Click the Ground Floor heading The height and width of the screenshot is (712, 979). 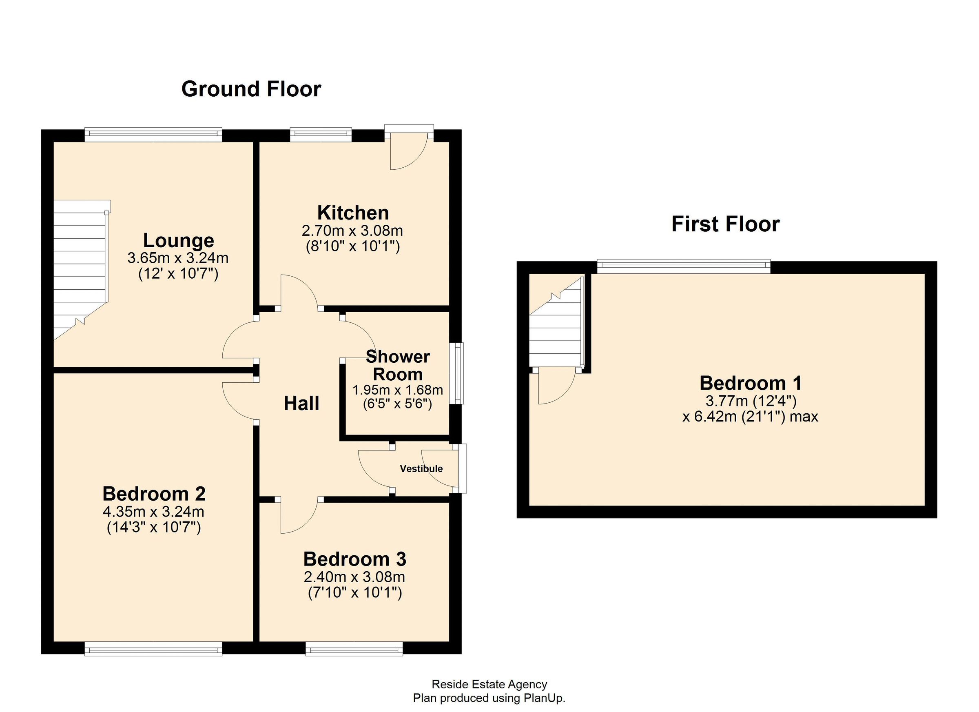coord(251,89)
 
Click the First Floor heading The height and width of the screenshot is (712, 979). coord(725,224)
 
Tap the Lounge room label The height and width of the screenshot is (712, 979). coord(178,240)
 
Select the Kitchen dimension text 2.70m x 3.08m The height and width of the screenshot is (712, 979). coord(352,231)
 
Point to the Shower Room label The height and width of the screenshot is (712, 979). coord(398,365)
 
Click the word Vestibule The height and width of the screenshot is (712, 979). coord(421,468)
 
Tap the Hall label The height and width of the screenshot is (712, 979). coord(301,403)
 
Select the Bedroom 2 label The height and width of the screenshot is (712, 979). coord(154,494)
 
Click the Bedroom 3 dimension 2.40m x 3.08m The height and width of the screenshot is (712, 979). coord(354,577)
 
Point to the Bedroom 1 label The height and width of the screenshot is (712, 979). coord(751,383)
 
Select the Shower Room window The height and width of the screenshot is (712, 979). coord(456,373)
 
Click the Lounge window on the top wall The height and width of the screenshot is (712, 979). coord(153,135)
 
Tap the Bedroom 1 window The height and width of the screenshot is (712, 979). coord(683,266)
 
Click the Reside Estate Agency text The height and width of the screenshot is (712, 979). coord(489,684)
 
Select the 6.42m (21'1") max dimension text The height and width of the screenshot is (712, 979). coord(750,417)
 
